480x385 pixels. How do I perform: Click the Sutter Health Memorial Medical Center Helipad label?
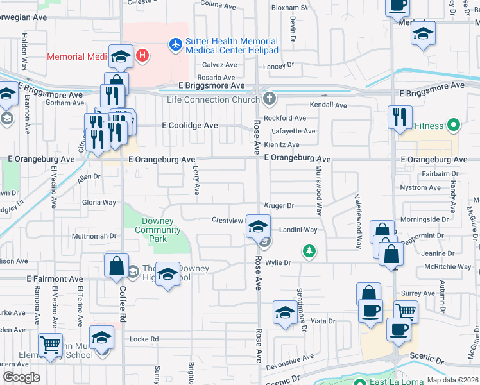click(232, 46)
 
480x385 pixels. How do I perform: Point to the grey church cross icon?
click(270, 99)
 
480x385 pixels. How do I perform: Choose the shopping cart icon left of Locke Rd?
click(51, 345)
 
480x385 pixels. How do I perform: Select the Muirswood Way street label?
click(318, 191)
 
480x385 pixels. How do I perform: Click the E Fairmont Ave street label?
click(55, 280)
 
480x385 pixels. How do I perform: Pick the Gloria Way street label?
click(99, 202)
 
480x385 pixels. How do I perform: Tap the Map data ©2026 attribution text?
click(452, 379)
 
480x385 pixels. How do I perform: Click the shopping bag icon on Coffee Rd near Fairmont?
click(116, 267)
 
